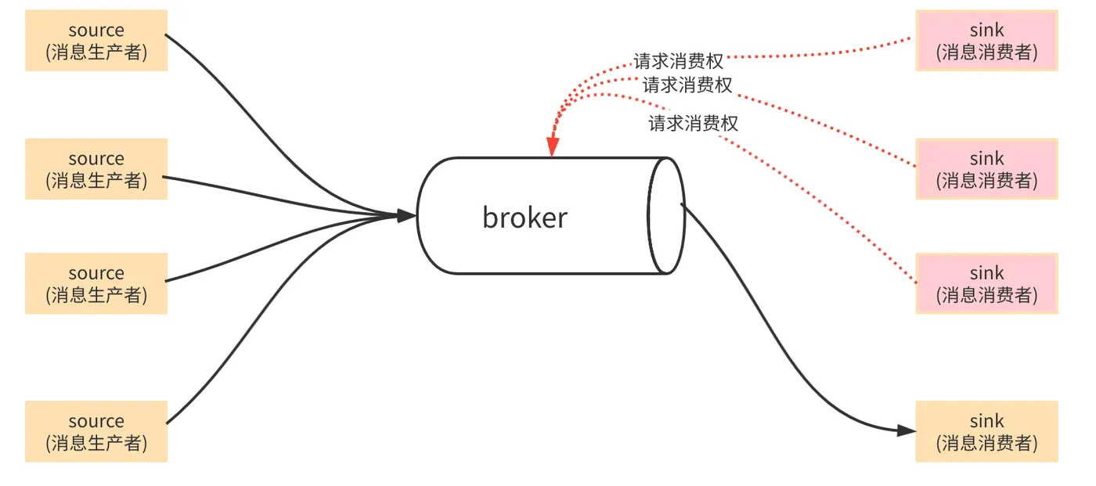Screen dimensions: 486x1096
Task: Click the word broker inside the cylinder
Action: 525,218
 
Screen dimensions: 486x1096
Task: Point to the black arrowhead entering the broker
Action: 406,215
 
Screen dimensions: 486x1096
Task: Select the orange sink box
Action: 986,431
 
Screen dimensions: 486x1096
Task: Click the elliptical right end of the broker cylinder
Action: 666,215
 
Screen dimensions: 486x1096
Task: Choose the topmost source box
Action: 96,41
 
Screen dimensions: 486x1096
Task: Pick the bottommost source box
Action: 96,431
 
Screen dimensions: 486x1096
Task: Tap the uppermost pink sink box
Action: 986,41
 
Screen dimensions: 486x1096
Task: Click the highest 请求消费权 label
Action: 679,61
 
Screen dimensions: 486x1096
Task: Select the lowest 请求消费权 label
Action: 693,123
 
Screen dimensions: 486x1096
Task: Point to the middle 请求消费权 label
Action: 687,85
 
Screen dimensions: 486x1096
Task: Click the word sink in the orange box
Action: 986,421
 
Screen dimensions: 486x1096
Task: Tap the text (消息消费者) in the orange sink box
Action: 986,443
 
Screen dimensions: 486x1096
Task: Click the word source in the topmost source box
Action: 96,31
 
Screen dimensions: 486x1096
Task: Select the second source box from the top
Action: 96,169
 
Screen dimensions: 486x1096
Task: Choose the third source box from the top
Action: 96,283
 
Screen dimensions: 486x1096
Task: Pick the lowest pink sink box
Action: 986,283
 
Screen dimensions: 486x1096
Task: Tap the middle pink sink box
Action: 986,169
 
